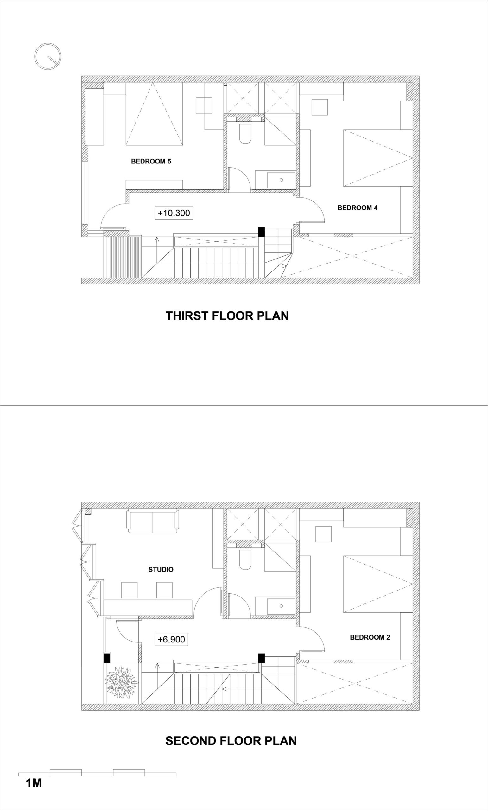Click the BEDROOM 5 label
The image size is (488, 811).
[151, 161]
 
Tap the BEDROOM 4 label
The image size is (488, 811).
[358, 208]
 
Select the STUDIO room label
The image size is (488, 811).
[161, 569]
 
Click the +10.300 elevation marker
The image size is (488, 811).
[174, 213]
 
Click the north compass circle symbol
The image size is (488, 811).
[48, 57]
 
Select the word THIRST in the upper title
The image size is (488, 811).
[187, 316]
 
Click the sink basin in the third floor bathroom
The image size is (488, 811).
[281, 180]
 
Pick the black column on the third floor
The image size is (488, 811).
[262, 232]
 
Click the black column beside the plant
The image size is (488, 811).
[106, 658]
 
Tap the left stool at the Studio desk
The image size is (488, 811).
[129, 590]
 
